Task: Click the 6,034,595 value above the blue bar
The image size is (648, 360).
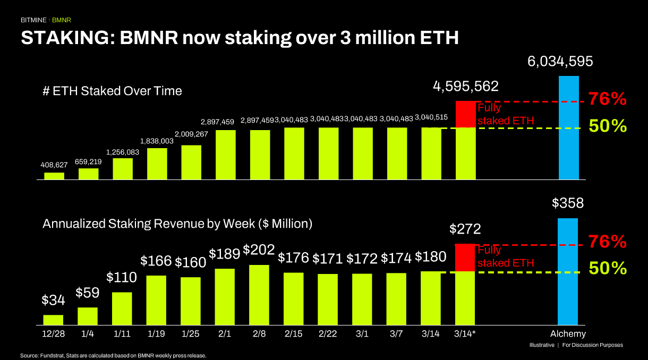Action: pos(560,62)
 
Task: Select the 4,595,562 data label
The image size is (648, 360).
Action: pos(466,87)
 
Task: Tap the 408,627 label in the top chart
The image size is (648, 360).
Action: pos(54,165)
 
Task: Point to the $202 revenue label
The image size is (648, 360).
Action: pos(259,249)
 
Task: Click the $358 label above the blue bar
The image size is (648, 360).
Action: pos(568,203)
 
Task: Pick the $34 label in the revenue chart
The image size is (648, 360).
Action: pos(53,301)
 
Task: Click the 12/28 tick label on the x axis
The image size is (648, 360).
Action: pos(53,334)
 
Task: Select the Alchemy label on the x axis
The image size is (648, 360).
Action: pos(568,334)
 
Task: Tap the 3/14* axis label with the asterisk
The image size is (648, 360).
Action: pos(465,334)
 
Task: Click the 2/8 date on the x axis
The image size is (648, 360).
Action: pos(259,334)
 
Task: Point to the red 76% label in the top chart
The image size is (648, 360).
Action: pos(608,99)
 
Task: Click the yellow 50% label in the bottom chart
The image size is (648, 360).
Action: pos(608,269)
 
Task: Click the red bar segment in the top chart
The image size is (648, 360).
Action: pos(465,114)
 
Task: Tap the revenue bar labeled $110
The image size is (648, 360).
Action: pos(122,308)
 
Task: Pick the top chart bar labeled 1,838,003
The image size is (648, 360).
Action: pos(157,164)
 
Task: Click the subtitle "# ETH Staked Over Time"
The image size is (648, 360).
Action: pos(112,91)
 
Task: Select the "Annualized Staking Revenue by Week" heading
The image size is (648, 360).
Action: pos(177,224)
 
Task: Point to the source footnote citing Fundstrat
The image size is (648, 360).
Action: pos(113,355)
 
